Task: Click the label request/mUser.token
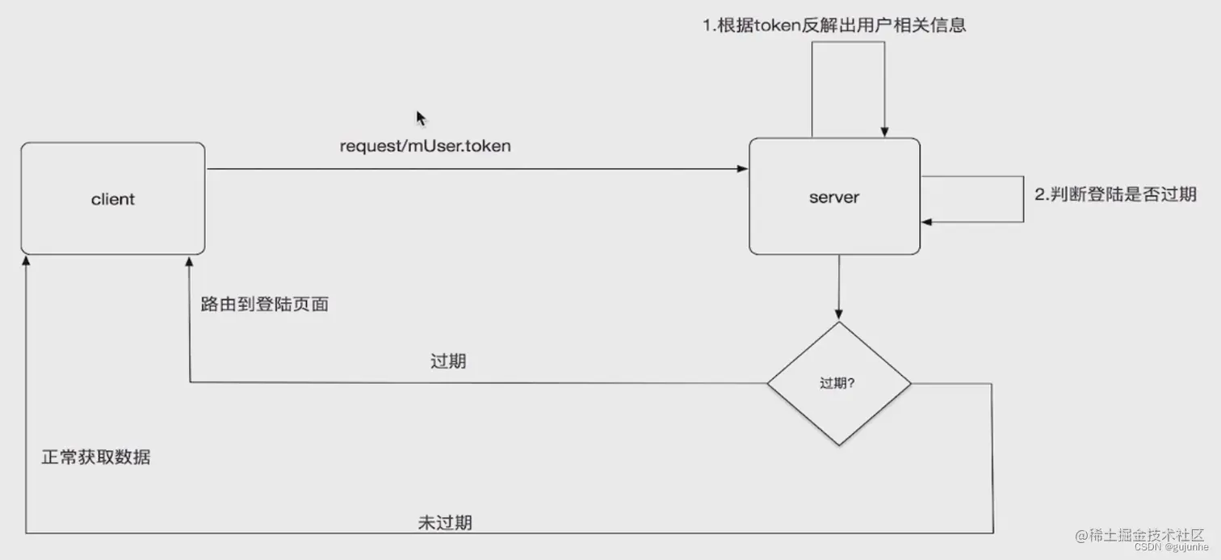tap(425, 146)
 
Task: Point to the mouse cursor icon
tap(421, 119)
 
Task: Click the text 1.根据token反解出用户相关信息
tap(834, 25)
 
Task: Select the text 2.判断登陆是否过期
tap(1115, 194)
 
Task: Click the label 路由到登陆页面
tap(265, 305)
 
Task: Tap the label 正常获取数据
tap(96, 457)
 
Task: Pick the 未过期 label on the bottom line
tap(445, 522)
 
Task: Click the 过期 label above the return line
tap(448, 361)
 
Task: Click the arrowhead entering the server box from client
tap(743, 169)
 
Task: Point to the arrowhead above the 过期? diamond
tap(839, 314)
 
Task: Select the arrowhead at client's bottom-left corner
tap(26, 261)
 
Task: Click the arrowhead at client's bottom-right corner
tap(190, 261)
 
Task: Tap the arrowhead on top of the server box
tap(885, 132)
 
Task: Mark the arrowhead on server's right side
tap(928, 221)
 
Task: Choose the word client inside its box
tap(113, 200)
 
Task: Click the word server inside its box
tap(834, 197)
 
